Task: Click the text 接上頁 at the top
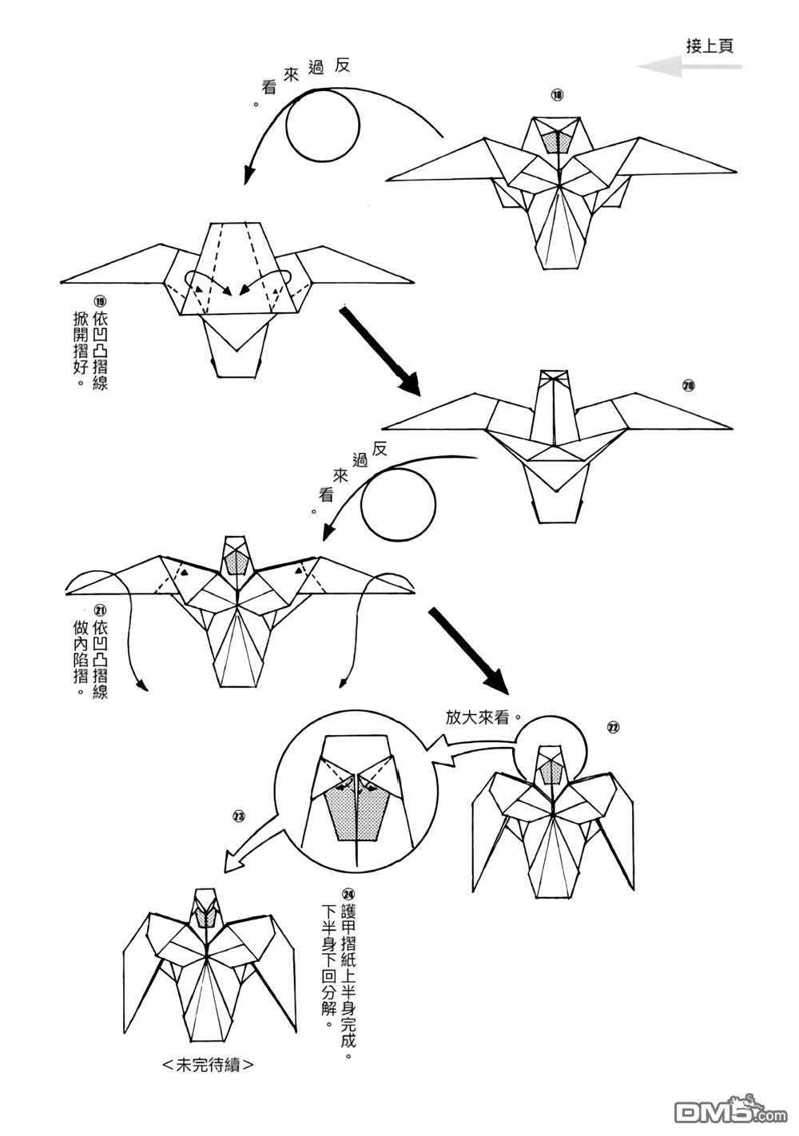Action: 710,46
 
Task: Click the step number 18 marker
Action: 557,95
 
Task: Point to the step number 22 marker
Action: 614,728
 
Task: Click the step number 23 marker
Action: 238,816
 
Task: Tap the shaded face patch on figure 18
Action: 557,141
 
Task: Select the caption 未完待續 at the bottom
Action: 209,1065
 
